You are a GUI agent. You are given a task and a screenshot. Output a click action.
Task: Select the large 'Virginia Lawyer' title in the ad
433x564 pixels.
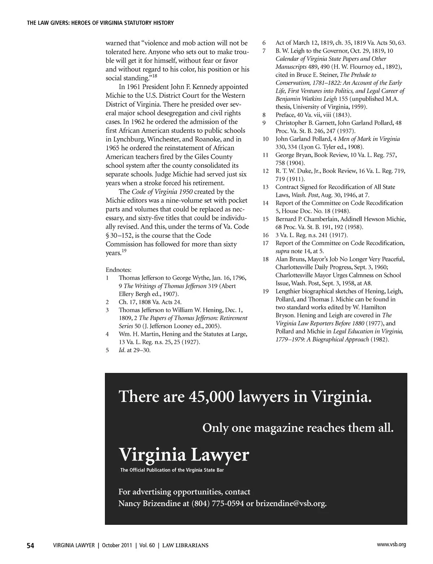point(184,455)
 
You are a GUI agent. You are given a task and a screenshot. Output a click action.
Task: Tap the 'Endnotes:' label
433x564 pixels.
point(119,270)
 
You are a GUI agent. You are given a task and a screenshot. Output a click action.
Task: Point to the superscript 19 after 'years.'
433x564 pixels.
point(123,251)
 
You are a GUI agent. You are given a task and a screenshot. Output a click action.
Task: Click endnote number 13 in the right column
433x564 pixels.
point(266,187)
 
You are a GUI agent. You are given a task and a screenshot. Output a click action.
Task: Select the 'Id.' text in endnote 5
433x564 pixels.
point(122,350)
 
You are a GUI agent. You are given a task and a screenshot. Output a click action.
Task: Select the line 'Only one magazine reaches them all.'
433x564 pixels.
point(298,428)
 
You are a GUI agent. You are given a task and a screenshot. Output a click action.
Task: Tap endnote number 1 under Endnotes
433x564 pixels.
point(108,278)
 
